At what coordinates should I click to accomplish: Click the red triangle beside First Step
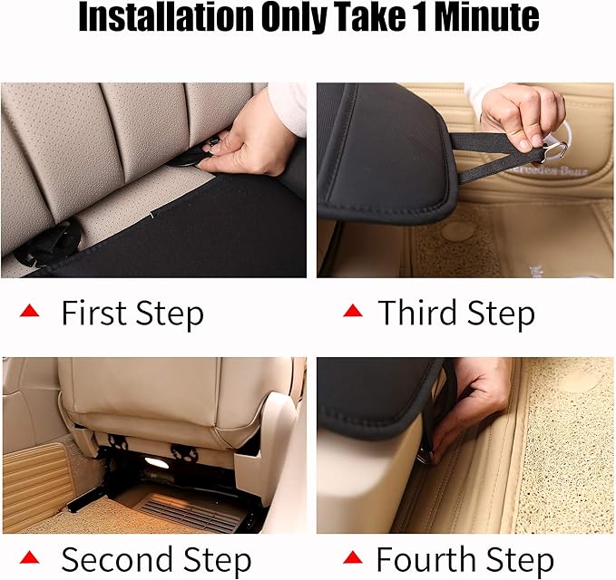pos(30,311)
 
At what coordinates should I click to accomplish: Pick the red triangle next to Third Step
pos(352,311)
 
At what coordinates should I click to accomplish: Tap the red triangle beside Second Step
pos(30,556)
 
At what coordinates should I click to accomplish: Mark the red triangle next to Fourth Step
pos(352,556)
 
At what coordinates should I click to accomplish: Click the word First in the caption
pos(93,314)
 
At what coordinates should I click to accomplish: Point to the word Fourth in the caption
pos(425,559)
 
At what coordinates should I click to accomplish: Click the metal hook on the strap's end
pos(554,149)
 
